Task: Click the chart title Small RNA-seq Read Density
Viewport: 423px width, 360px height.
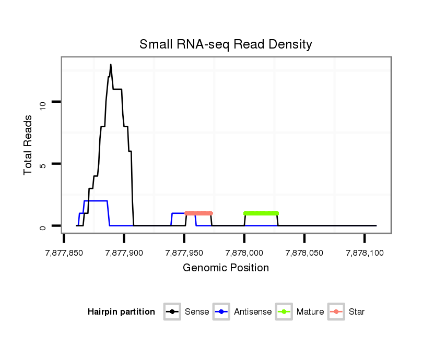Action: [226, 45]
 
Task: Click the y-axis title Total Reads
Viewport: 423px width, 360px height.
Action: [29, 145]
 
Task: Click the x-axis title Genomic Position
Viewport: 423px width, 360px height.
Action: [226, 268]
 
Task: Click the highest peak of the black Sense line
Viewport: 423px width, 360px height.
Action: [111, 65]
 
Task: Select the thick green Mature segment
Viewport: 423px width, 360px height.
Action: [261, 213]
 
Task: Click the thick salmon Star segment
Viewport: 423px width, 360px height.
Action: [199, 213]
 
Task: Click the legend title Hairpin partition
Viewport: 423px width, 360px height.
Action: [121, 312]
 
